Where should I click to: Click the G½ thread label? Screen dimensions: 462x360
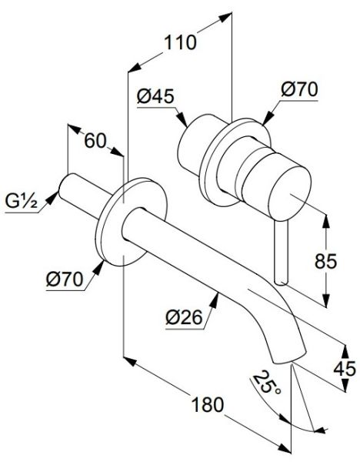coord(22,203)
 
